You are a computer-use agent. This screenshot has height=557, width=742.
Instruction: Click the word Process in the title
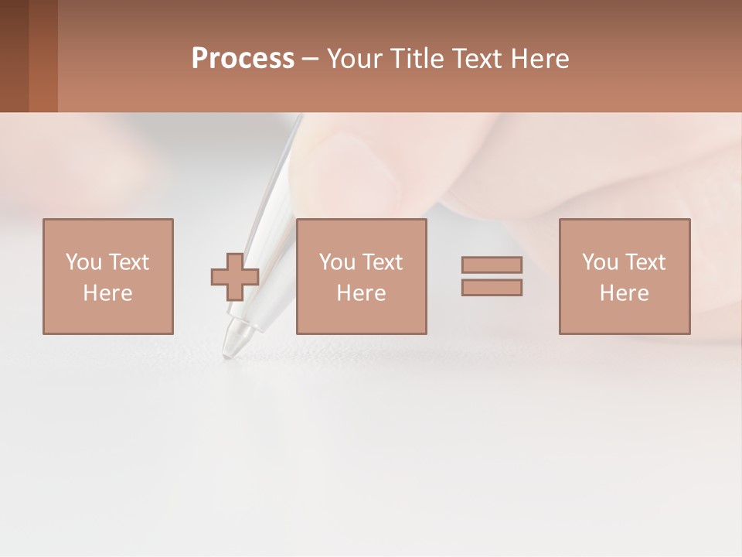pyautogui.click(x=243, y=59)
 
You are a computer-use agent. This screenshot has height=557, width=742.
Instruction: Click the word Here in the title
pyautogui.click(x=538, y=59)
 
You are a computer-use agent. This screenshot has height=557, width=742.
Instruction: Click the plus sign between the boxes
pyautogui.click(x=235, y=277)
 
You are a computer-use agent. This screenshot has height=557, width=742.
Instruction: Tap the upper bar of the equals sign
pyautogui.click(x=492, y=265)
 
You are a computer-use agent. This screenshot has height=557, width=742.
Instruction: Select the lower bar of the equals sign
pyautogui.click(x=492, y=288)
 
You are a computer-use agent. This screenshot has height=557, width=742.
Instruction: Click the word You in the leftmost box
pyautogui.click(x=83, y=262)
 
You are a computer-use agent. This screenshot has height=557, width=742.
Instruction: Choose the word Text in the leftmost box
pyautogui.click(x=128, y=262)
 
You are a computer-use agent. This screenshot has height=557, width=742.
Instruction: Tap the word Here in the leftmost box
pyautogui.click(x=107, y=293)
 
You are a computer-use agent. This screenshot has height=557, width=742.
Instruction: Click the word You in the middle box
pyautogui.click(x=337, y=262)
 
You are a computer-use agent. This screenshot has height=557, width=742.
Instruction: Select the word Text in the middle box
pyautogui.click(x=381, y=262)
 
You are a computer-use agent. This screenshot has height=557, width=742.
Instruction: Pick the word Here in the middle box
pyautogui.click(x=361, y=293)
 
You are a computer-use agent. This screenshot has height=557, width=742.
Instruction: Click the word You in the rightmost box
pyautogui.click(x=600, y=262)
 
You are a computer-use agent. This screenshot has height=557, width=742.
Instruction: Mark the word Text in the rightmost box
pyautogui.click(x=644, y=262)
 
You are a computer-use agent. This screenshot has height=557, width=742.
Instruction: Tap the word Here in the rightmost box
pyautogui.click(x=624, y=293)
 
